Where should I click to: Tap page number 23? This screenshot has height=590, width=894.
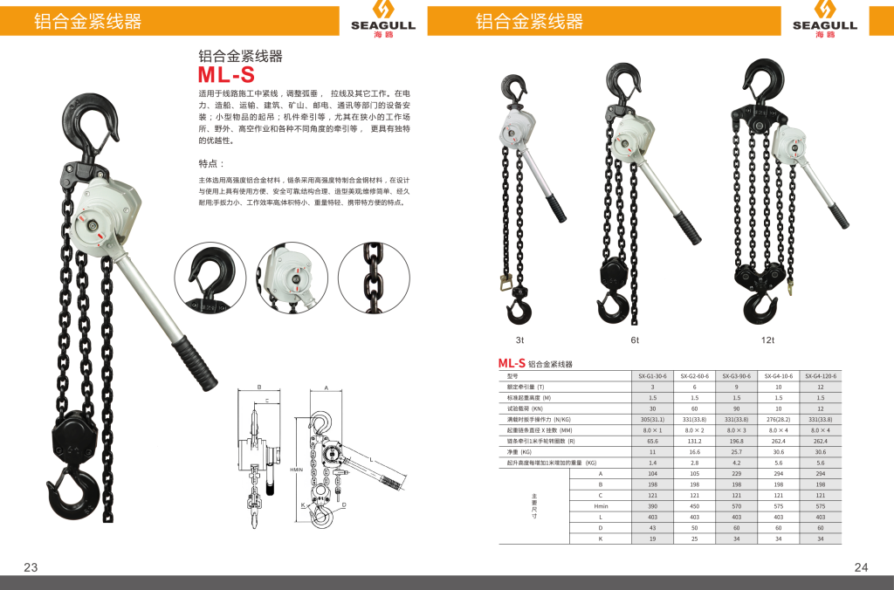point(31,567)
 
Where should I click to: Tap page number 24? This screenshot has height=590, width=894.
point(862,567)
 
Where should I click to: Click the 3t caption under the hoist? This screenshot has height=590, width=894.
point(519,340)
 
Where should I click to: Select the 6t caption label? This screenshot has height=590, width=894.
point(635,340)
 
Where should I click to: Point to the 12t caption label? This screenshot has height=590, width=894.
point(767,340)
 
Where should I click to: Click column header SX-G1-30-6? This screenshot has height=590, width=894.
point(652,375)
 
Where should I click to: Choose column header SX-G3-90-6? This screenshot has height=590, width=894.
point(736,375)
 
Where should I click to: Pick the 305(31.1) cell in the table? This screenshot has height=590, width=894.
point(652,419)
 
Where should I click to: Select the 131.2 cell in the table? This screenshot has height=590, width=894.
point(694,441)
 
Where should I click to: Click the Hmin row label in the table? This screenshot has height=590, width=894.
point(601,506)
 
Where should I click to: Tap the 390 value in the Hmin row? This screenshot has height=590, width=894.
point(652,506)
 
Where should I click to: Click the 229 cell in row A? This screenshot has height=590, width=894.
point(736,473)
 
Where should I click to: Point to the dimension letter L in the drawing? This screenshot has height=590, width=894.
point(370,459)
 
